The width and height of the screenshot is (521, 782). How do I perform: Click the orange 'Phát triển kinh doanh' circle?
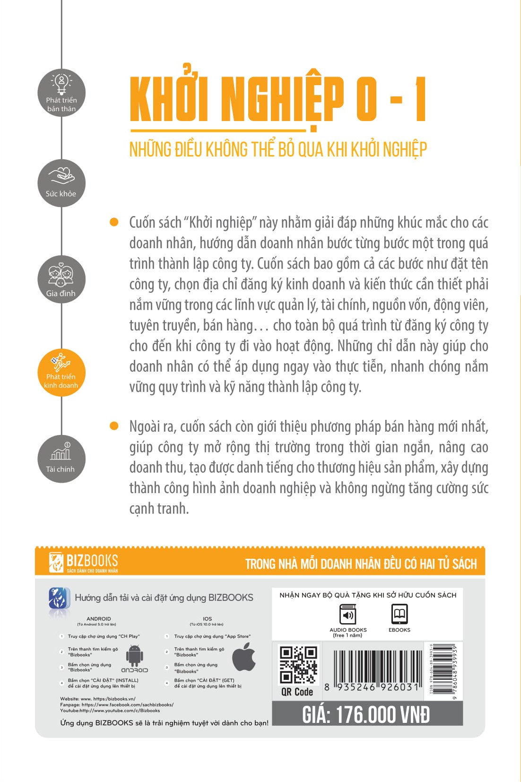(x=61, y=372)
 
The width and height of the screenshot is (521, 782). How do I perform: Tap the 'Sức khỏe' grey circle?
(x=61, y=183)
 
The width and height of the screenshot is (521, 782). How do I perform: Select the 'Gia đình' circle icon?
(x=61, y=279)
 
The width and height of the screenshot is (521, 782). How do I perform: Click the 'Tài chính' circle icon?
(x=61, y=459)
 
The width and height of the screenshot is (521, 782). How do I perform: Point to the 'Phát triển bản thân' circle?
(x=61, y=93)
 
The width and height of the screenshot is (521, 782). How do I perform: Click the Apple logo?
(x=244, y=658)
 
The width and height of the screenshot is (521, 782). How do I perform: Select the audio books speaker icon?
(x=348, y=615)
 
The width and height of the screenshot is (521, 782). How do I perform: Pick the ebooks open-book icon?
(x=399, y=614)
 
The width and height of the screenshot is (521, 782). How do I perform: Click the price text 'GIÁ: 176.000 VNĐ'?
(x=366, y=714)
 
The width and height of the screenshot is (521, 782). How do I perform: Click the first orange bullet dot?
(x=114, y=222)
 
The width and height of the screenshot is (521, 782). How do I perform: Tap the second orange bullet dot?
(x=114, y=426)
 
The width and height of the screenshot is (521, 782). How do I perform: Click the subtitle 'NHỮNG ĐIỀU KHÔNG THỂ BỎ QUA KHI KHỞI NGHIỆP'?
(x=278, y=149)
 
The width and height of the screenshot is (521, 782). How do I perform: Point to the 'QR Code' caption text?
(x=297, y=692)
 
